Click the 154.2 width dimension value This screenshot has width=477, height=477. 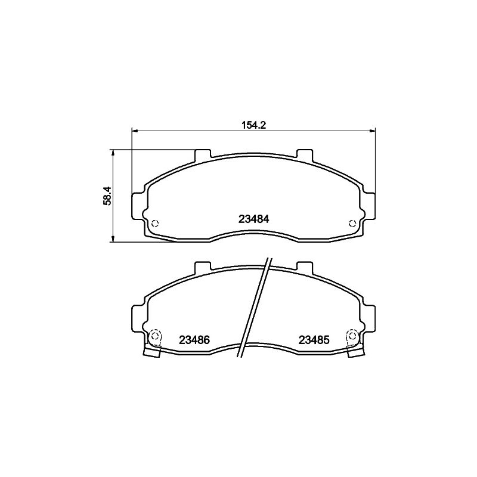[x=254, y=125]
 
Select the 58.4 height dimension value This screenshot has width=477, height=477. [x=108, y=196]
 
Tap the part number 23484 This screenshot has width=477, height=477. [x=254, y=219]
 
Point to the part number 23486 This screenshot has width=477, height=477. [x=194, y=340]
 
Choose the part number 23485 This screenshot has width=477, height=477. [x=314, y=340]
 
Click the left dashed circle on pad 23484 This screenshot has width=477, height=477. [x=155, y=223]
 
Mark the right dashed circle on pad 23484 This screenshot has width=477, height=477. [x=352, y=223]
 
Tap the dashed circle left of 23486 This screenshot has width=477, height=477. [x=155, y=336]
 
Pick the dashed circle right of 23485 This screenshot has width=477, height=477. [x=352, y=336]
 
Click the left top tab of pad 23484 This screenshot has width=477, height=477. [x=202, y=154]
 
